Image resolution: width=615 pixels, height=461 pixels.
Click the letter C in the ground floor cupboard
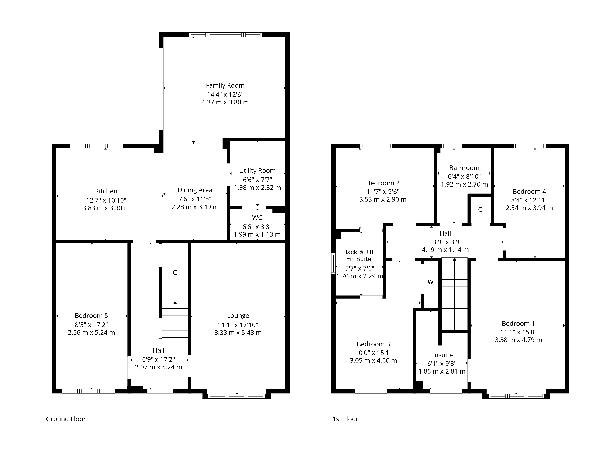tap(175, 273)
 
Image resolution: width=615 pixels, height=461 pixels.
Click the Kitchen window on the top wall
tap(96, 146)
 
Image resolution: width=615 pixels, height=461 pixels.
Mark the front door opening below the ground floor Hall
tap(160, 391)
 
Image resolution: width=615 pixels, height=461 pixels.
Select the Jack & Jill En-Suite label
tap(359, 255)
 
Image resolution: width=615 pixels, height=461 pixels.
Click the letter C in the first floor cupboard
tap(480, 210)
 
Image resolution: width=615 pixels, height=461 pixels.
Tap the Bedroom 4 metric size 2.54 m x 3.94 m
tap(529, 208)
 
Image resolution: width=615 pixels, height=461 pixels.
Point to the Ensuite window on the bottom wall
tap(446, 391)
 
